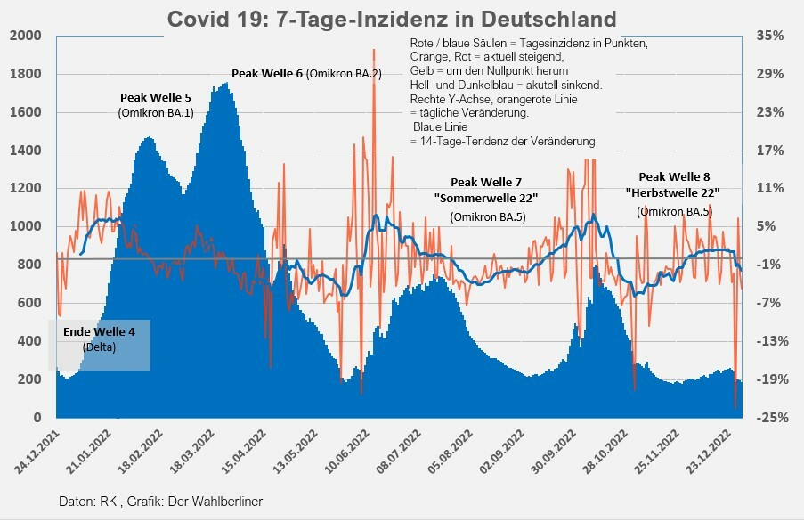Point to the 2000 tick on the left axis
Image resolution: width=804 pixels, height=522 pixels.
[x=27, y=36]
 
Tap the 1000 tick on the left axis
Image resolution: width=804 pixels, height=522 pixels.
[x=27, y=226]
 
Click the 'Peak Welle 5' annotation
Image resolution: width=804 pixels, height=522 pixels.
[x=157, y=96]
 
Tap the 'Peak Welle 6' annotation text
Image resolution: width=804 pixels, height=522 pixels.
[x=267, y=73]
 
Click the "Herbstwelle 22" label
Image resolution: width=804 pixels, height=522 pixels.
[x=673, y=192]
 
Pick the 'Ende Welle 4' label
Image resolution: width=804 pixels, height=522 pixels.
[x=99, y=331]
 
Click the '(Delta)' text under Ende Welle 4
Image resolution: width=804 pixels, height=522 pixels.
[x=99, y=346]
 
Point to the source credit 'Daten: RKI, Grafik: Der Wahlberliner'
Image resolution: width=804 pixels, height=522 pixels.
[x=161, y=502]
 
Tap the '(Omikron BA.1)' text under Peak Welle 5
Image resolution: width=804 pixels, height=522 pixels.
[x=156, y=112]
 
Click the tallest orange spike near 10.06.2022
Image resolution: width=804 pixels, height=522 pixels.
[x=373, y=51]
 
